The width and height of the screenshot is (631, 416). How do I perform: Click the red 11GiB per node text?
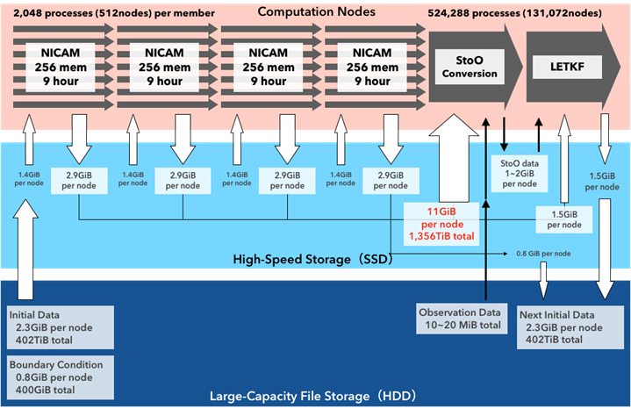click(437, 222)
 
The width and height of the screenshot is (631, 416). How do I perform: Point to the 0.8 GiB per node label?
click(545, 254)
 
